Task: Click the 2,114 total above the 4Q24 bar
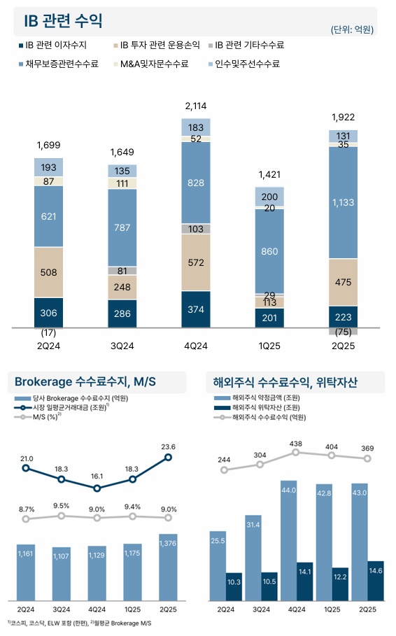196,106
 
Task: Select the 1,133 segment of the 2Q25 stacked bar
343,203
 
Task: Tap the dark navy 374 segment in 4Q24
196,309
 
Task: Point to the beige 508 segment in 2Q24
49,272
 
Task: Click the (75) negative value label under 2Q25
343,332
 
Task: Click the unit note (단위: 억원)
352,29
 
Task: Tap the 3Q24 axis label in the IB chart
122,345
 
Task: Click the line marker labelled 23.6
168,457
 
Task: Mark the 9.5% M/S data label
62,505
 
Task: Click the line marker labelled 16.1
97,488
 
